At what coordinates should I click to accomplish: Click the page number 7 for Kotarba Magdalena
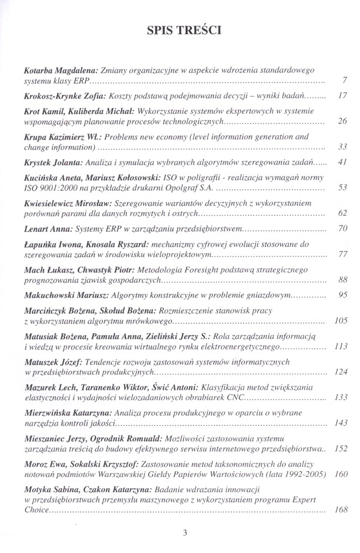point(344,81)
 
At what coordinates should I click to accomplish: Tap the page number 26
point(342,121)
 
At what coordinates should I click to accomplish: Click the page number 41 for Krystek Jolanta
point(342,163)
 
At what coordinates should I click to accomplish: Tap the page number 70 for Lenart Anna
point(342,228)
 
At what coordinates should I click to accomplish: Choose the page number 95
point(342,295)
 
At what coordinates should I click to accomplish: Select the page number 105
point(341,321)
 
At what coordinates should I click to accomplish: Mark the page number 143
point(341,423)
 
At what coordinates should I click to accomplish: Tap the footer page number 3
point(185,533)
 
